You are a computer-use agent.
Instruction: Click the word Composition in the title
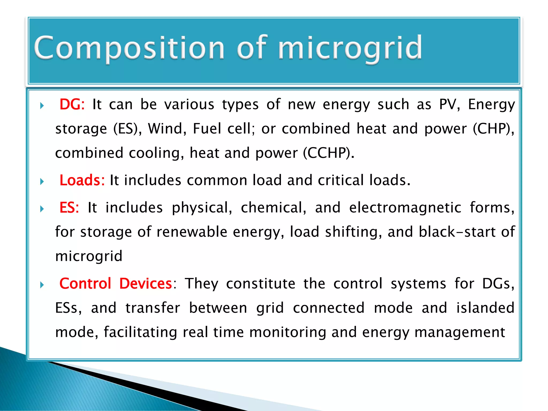coord(129,48)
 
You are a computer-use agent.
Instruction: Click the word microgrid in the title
coord(350,48)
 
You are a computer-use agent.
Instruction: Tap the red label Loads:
coord(82,180)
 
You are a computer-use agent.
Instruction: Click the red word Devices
coord(146,284)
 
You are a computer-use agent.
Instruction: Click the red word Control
coord(85,284)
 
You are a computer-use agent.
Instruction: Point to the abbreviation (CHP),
coord(493,129)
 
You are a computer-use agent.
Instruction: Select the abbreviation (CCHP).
coord(329,153)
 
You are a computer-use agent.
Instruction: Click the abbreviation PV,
coord(449,104)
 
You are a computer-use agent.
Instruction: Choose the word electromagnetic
coord(405,208)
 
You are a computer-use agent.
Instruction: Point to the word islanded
coord(485,308)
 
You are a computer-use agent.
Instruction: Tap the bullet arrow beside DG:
coord(42,106)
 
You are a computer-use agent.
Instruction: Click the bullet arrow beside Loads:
coord(42,182)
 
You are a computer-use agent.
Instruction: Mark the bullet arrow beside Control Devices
coord(42,285)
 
